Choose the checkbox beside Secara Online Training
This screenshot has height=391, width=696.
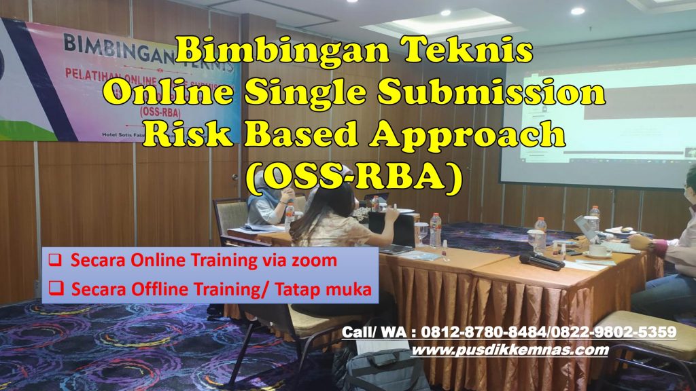tap(57, 260)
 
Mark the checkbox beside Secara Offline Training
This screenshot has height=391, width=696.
tap(57, 290)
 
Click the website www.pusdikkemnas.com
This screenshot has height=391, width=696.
tap(510, 350)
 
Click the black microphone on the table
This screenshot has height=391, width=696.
tap(541, 261)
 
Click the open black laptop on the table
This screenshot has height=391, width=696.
tap(391, 231)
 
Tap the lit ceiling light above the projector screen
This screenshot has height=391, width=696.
tap(577, 11)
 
